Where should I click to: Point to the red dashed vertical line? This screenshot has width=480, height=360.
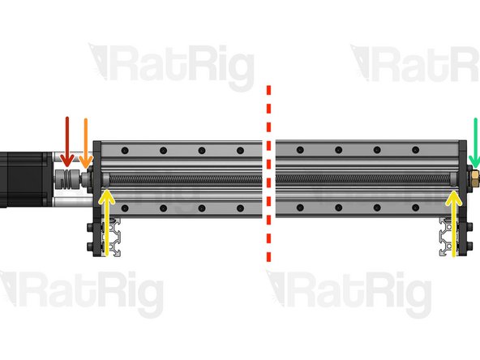(x=269, y=174)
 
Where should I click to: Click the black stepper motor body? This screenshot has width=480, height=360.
(x=20, y=178)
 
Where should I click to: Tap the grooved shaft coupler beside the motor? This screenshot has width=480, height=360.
(x=71, y=178)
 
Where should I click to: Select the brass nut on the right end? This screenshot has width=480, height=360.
(x=474, y=175)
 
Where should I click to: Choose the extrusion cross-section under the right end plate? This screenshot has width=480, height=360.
(x=448, y=237)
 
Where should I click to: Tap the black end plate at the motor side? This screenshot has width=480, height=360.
(x=96, y=195)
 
